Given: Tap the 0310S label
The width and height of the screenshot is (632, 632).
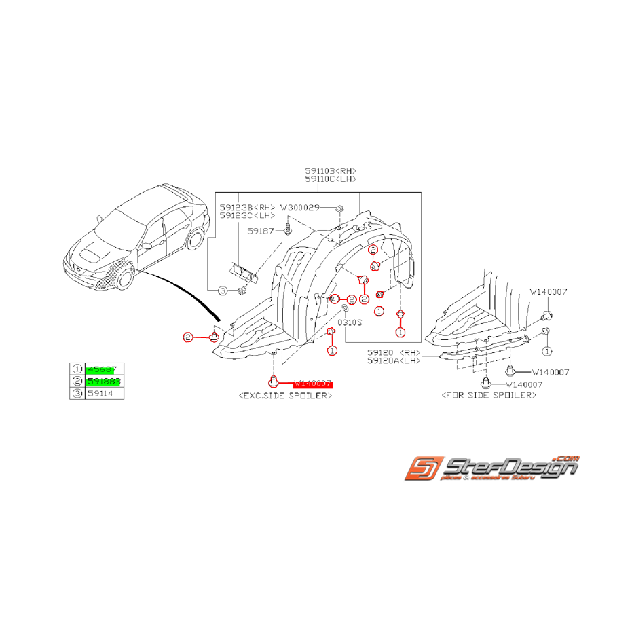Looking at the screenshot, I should pyautogui.click(x=351, y=322).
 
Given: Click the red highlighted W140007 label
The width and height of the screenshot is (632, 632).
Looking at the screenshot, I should pyautogui.click(x=313, y=384).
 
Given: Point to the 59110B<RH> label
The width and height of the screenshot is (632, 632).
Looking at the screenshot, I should pyautogui.click(x=331, y=171).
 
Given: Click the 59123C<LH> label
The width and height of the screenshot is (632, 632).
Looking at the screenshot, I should pyautogui.click(x=247, y=215).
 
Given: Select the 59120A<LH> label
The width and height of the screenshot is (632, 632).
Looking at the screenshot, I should pyautogui.click(x=394, y=361).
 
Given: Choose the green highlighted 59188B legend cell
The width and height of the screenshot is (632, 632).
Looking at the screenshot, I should pyautogui.click(x=104, y=382).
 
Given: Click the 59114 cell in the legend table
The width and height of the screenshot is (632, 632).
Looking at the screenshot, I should pyautogui.click(x=99, y=394).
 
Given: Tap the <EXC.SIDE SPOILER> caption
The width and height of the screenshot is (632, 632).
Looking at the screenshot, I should pyautogui.click(x=286, y=395).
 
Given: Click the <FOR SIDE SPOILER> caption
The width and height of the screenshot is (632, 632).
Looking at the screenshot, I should pyautogui.click(x=489, y=395).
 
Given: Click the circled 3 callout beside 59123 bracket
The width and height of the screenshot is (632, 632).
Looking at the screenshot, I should pyautogui.click(x=223, y=291).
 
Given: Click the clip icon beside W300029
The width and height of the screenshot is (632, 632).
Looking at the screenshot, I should pyautogui.click(x=339, y=206).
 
